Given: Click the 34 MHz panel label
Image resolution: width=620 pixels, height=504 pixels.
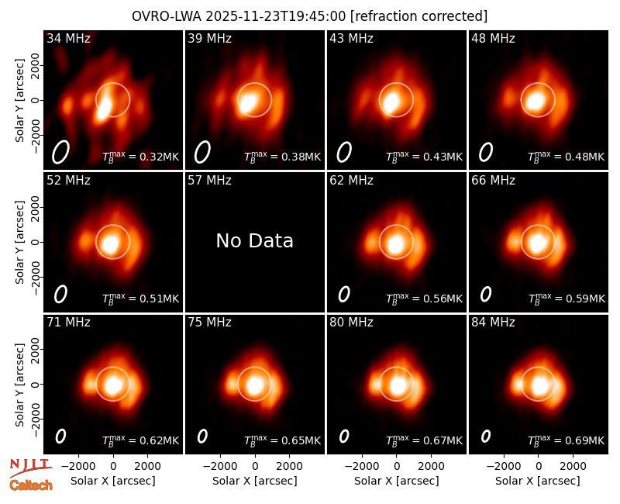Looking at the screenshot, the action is click(68, 38).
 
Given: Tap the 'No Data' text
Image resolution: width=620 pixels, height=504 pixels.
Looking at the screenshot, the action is click(255, 240).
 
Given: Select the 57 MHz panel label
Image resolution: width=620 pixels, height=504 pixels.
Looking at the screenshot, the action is click(209, 181).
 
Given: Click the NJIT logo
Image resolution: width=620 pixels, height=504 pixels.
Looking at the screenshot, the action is click(30, 468).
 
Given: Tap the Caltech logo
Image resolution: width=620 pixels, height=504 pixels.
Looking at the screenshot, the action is click(31, 485).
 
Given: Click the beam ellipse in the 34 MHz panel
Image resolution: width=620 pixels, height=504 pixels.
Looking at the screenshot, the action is click(61, 152).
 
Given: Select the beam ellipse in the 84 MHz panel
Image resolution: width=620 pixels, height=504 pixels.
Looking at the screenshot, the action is click(486, 436).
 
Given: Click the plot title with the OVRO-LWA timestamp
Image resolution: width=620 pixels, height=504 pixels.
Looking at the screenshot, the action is click(309, 16).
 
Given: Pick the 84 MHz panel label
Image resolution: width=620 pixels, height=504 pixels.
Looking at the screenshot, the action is click(493, 323).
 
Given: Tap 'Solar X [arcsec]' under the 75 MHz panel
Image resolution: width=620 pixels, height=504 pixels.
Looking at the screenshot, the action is click(255, 481).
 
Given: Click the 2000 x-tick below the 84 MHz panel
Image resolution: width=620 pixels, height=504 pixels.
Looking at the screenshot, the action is click(573, 467).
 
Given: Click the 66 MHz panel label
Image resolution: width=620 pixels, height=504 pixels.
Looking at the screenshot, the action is click(493, 181).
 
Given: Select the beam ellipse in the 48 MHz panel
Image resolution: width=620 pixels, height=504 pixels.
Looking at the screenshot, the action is click(486, 152).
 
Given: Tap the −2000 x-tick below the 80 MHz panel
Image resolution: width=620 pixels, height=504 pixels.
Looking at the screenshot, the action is click(362, 467).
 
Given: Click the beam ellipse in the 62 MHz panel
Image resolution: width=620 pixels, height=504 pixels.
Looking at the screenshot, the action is click(344, 294).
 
